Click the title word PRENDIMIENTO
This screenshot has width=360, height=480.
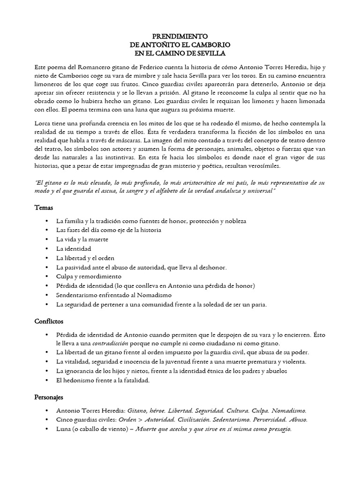pyautogui.click(x=180, y=36)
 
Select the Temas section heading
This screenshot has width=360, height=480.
pyautogui.click(x=44, y=207)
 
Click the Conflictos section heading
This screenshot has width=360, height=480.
pyautogui.click(x=49, y=322)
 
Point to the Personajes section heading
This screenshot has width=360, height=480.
pyautogui.click(x=49, y=397)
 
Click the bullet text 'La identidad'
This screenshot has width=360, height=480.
pyautogui.click(x=74, y=248)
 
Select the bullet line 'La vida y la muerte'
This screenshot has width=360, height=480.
pyautogui.click(x=82, y=239)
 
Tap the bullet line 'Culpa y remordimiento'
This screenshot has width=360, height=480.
pyautogui.click(x=89, y=277)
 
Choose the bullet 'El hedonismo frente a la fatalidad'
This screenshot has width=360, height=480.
pyautogui.click(x=103, y=380)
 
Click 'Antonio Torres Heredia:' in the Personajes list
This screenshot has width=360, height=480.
pyautogui.click(x=91, y=410)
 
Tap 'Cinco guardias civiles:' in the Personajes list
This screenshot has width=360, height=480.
pyautogui.click(x=88, y=420)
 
